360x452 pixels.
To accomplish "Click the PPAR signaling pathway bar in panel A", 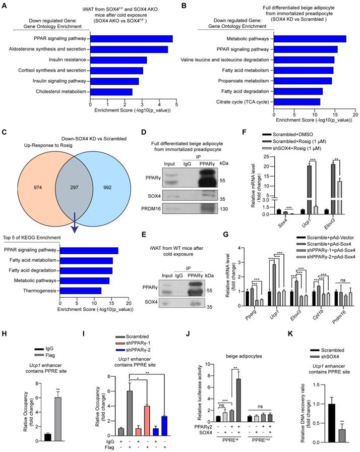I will [x=131, y=39].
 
